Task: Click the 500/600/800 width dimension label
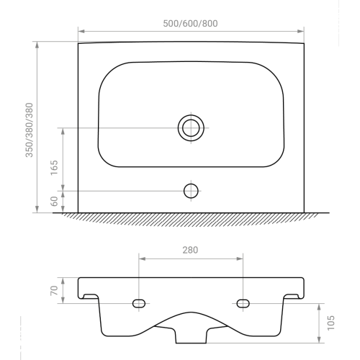tap(190, 24)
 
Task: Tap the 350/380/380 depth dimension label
tap(30, 130)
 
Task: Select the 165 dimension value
tap(55, 168)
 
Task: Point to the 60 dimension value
tap(55, 201)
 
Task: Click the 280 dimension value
tap(190, 250)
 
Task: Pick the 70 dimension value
tap(54, 290)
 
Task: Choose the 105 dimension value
tap(330, 323)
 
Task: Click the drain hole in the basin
tap(191, 128)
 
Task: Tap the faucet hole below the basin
tap(191, 191)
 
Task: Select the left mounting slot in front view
tap(139, 304)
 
